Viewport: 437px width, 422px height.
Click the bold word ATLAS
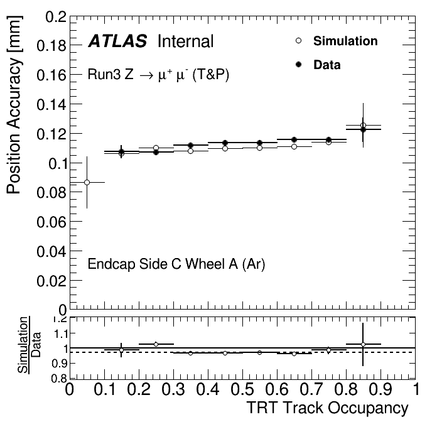click(117, 42)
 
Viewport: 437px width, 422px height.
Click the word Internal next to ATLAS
click(186, 42)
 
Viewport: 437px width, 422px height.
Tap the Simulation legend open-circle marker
click(298, 41)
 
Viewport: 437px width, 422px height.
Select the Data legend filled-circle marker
click(298, 64)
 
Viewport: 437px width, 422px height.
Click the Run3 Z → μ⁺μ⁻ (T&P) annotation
click(159, 75)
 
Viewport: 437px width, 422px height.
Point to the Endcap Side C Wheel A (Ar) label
click(176, 264)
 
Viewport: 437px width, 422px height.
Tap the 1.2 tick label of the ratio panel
click(58, 320)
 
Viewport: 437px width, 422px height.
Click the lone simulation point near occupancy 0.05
click(87, 182)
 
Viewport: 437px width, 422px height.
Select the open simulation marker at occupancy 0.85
click(363, 125)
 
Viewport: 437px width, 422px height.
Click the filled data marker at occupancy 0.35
click(190, 145)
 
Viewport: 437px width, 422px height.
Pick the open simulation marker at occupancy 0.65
click(294, 146)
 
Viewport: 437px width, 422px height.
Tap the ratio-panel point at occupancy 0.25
click(156, 344)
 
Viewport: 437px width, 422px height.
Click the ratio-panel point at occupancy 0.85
click(363, 344)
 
